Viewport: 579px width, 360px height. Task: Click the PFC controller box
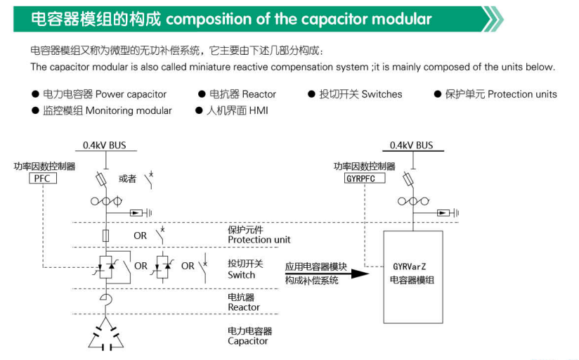pyautogui.click(x=43, y=179)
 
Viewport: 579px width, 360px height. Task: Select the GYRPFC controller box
pyautogui.click(x=365, y=178)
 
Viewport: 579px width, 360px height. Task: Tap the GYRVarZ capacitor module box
pyautogui.click(x=413, y=277)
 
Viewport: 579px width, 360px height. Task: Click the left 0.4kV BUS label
pyautogui.click(x=105, y=146)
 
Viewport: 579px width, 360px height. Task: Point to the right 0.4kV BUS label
pyautogui.click(x=411, y=146)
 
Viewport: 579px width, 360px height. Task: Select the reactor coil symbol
pyautogui.click(x=105, y=300)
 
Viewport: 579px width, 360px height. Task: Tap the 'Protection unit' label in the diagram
pyautogui.click(x=259, y=240)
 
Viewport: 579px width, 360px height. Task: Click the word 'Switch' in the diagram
pyautogui.click(x=241, y=275)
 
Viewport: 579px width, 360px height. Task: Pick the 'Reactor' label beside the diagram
pyautogui.click(x=244, y=307)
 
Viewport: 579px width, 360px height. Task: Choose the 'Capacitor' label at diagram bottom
pyautogui.click(x=247, y=341)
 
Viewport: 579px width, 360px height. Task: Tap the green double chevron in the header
pyautogui.click(x=493, y=19)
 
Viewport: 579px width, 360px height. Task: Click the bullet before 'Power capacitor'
pyautogui.click(x=35, y=94)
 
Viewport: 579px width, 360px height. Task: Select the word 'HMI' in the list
pyautogui.click(x=259, y=110)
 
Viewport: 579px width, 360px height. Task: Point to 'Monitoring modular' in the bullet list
pyautogui.click(x=129, y=110)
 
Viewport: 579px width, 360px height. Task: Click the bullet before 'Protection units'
pyautogui.click(x=438, y=94)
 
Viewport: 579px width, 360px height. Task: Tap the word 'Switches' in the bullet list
pyautogui.click(x=382, y=94)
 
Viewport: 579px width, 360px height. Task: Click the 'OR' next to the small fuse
pyautogui.click(x=140, y=236)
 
